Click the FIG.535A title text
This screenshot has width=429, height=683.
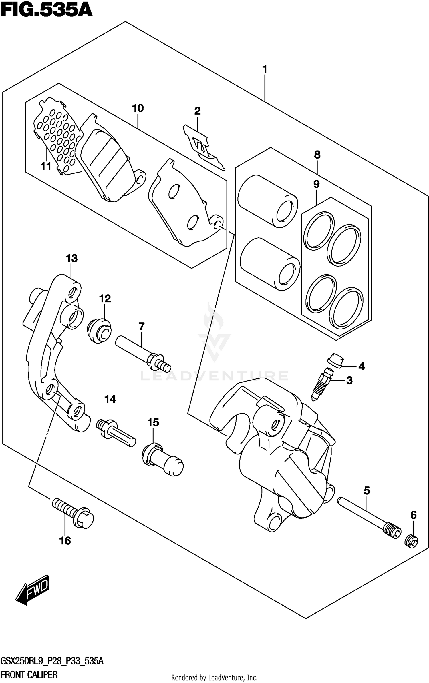click(x=46, y=10)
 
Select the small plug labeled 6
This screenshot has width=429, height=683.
click(x=412, y=541)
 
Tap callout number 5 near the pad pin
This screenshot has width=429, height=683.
click(x=367, y=491)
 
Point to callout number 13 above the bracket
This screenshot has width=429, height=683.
click(x=71, y=258)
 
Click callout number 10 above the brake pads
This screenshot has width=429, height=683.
click(x=138, y=108)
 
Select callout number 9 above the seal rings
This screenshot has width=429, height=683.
click(x=316, y=184)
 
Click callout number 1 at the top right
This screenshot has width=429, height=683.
click(x=265, y=69)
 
